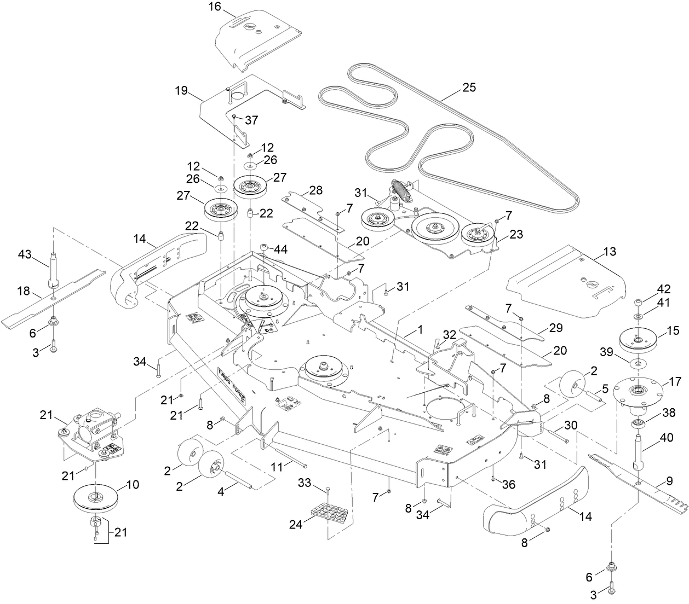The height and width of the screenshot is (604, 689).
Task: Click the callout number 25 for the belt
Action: pos(469,88)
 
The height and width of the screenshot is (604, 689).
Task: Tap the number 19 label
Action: pos(182,90)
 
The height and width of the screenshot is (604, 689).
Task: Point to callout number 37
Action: pos(251,120)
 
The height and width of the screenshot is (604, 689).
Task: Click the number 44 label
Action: pos(280,249)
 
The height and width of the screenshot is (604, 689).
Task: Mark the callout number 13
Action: pos(610,252)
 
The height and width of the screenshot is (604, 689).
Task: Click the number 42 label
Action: pos(664,289)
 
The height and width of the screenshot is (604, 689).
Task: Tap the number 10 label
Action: pos(133,485)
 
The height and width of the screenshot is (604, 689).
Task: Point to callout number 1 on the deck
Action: pos(420,330)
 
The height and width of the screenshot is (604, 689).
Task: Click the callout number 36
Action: pos(509,485)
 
